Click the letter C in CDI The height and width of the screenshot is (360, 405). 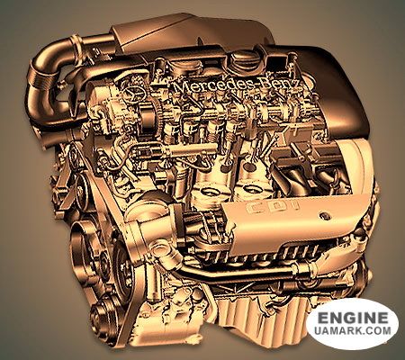pyautogui.click(x=255, y=208)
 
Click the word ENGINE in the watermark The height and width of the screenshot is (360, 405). pyautogui.click(x=353, y=318)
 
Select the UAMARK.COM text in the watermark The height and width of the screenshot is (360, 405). pyautogui.click(x=353, y=330)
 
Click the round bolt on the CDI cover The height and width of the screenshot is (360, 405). pyautogui.click(x=324, y=216)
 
